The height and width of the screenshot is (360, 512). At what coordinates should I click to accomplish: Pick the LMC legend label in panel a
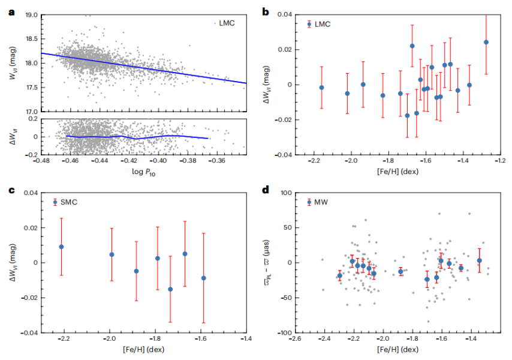coord(225,23)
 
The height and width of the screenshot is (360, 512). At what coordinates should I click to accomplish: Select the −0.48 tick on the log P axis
coord(41,161)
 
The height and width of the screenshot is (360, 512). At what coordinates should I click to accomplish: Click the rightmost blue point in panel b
coord(486,42)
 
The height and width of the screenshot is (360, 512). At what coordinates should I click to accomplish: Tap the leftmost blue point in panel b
coord(322,88)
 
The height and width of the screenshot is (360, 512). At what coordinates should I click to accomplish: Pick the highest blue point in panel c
coord(61,247)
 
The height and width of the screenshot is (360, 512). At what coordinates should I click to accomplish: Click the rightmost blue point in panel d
coord(479,260)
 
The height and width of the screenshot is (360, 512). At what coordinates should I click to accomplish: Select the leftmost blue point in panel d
coord(339,276)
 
